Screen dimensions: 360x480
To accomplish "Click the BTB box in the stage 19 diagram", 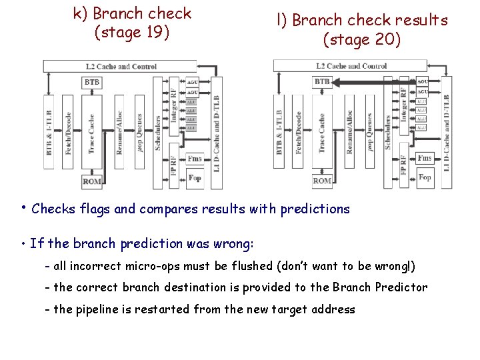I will tap(92, 82).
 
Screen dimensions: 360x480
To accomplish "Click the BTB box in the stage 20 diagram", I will tap(322, 82).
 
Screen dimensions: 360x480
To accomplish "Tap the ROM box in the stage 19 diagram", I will tap(92, 181).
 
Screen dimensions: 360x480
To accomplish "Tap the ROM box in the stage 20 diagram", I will tap(322, 181).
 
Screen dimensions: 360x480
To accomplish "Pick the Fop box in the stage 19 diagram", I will tap(195, 178).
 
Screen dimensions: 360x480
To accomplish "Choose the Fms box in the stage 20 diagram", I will tap(425, 158).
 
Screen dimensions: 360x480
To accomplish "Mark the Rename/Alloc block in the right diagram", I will tap(349, 132).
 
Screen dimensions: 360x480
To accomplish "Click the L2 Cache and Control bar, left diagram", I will tap(120, 66).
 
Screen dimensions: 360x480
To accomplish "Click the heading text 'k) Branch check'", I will tap(133, 13).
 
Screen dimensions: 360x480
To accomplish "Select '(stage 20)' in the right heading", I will tap(362, 40).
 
